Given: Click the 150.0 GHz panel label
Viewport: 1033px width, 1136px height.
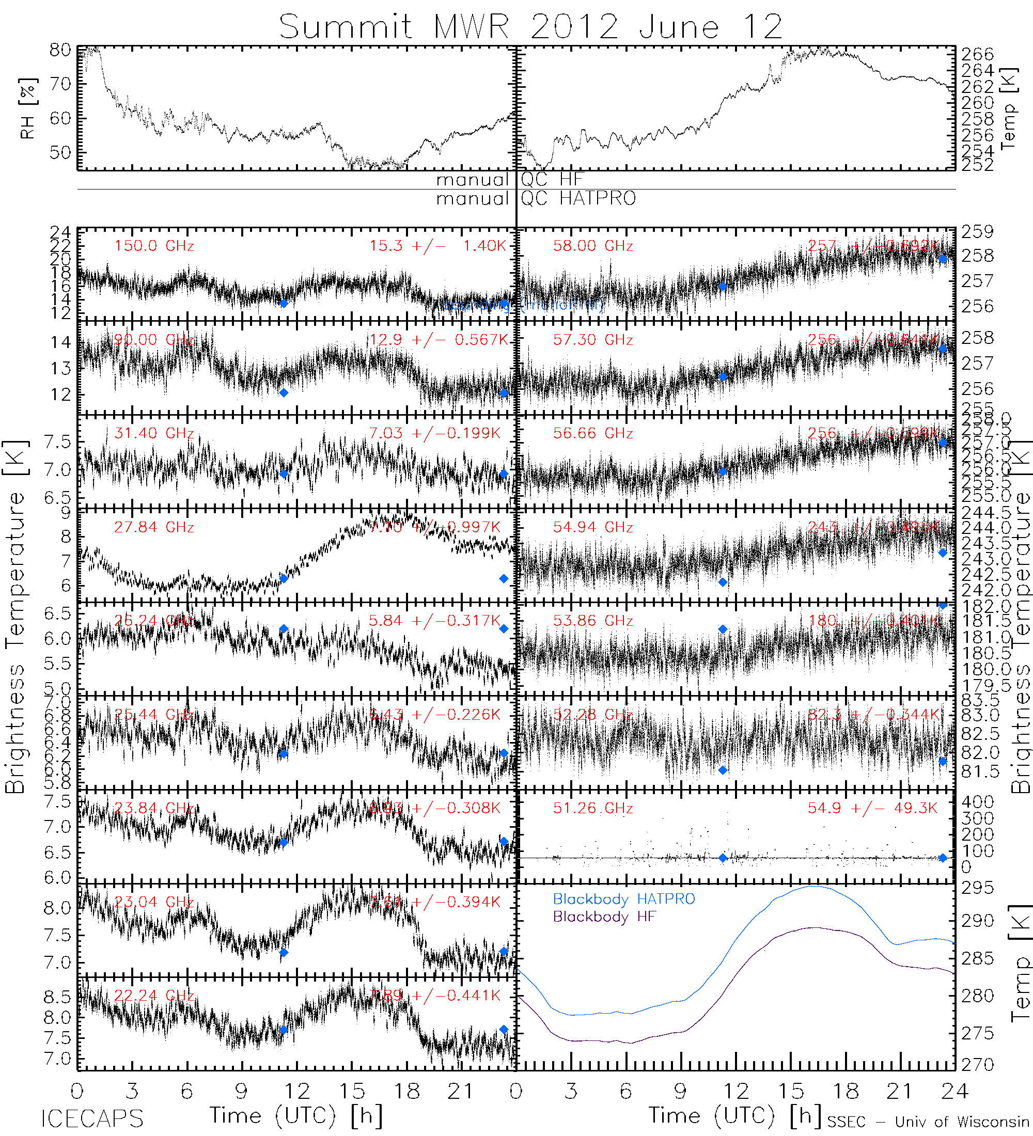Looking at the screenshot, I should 154,246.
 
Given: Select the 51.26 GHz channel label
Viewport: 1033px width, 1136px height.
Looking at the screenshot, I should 593,808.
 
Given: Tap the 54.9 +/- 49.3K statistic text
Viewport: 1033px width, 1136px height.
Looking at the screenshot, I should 872,808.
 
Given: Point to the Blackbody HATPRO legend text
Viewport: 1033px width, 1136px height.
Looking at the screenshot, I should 624,899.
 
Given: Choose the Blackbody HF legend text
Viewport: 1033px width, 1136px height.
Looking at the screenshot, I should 604,917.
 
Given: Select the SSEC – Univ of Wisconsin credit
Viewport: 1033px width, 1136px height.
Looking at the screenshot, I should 928,1122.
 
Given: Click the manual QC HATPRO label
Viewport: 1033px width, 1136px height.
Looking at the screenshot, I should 536,198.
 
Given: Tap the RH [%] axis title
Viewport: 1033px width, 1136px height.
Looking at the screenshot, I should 27,108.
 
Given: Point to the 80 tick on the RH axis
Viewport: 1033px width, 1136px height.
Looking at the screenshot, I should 60,50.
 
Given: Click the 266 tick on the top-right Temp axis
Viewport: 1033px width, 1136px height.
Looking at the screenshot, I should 977,54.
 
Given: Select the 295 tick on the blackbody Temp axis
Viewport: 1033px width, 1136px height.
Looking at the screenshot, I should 977,888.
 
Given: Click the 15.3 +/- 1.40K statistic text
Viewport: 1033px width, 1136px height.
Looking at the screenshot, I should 438,246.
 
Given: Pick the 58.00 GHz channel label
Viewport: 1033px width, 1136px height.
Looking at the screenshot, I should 593,246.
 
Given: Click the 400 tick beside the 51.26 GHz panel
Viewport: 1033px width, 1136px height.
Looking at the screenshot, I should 977,802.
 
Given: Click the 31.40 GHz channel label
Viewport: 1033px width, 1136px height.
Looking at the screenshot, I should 154,433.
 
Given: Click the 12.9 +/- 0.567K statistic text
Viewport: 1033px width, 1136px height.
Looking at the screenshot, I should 438,339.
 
